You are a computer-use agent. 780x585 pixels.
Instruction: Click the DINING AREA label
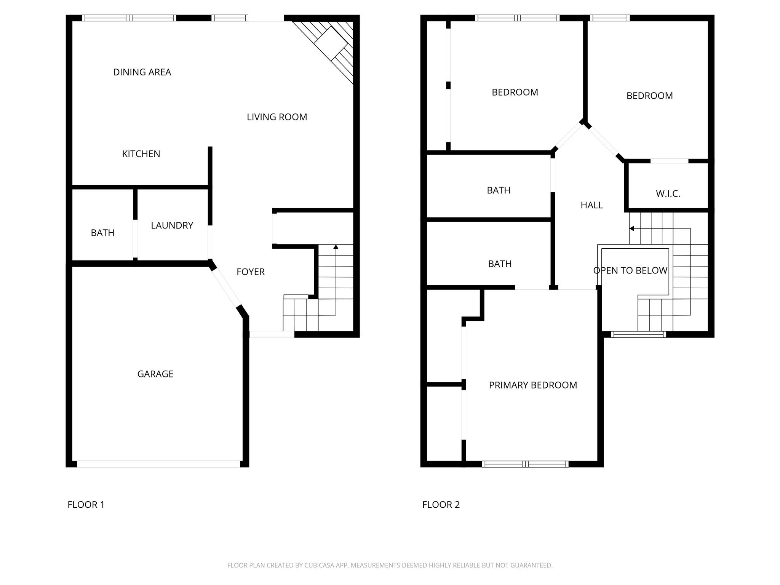[142, 72]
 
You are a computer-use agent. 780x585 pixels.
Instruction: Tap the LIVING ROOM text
[277, 117]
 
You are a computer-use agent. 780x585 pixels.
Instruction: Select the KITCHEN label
[141, 154]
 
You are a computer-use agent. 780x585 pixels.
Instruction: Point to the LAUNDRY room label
[172, 225]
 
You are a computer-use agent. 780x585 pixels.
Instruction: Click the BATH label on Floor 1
[102, 233]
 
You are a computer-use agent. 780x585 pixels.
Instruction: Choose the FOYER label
[250, 272]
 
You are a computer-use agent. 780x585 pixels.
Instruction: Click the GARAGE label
[155, 374]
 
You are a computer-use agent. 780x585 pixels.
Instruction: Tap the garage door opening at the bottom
[158, 464]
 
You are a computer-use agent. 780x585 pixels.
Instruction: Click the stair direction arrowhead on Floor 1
[336, 247]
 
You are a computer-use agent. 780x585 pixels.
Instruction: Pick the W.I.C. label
[668, 194]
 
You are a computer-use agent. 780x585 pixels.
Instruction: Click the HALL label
[591, 205]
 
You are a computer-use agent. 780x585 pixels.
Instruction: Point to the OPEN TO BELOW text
[630, 270]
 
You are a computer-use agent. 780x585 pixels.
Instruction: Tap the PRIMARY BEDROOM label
[532, 385]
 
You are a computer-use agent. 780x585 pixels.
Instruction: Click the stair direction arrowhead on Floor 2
[631, 229]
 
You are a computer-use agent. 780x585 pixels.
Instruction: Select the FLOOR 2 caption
[441, 505]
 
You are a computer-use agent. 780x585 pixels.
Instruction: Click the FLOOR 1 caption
[86, 505]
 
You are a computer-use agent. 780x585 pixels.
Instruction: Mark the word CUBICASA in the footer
[319, 565]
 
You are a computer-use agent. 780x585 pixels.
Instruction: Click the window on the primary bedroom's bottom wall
[525, 464]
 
